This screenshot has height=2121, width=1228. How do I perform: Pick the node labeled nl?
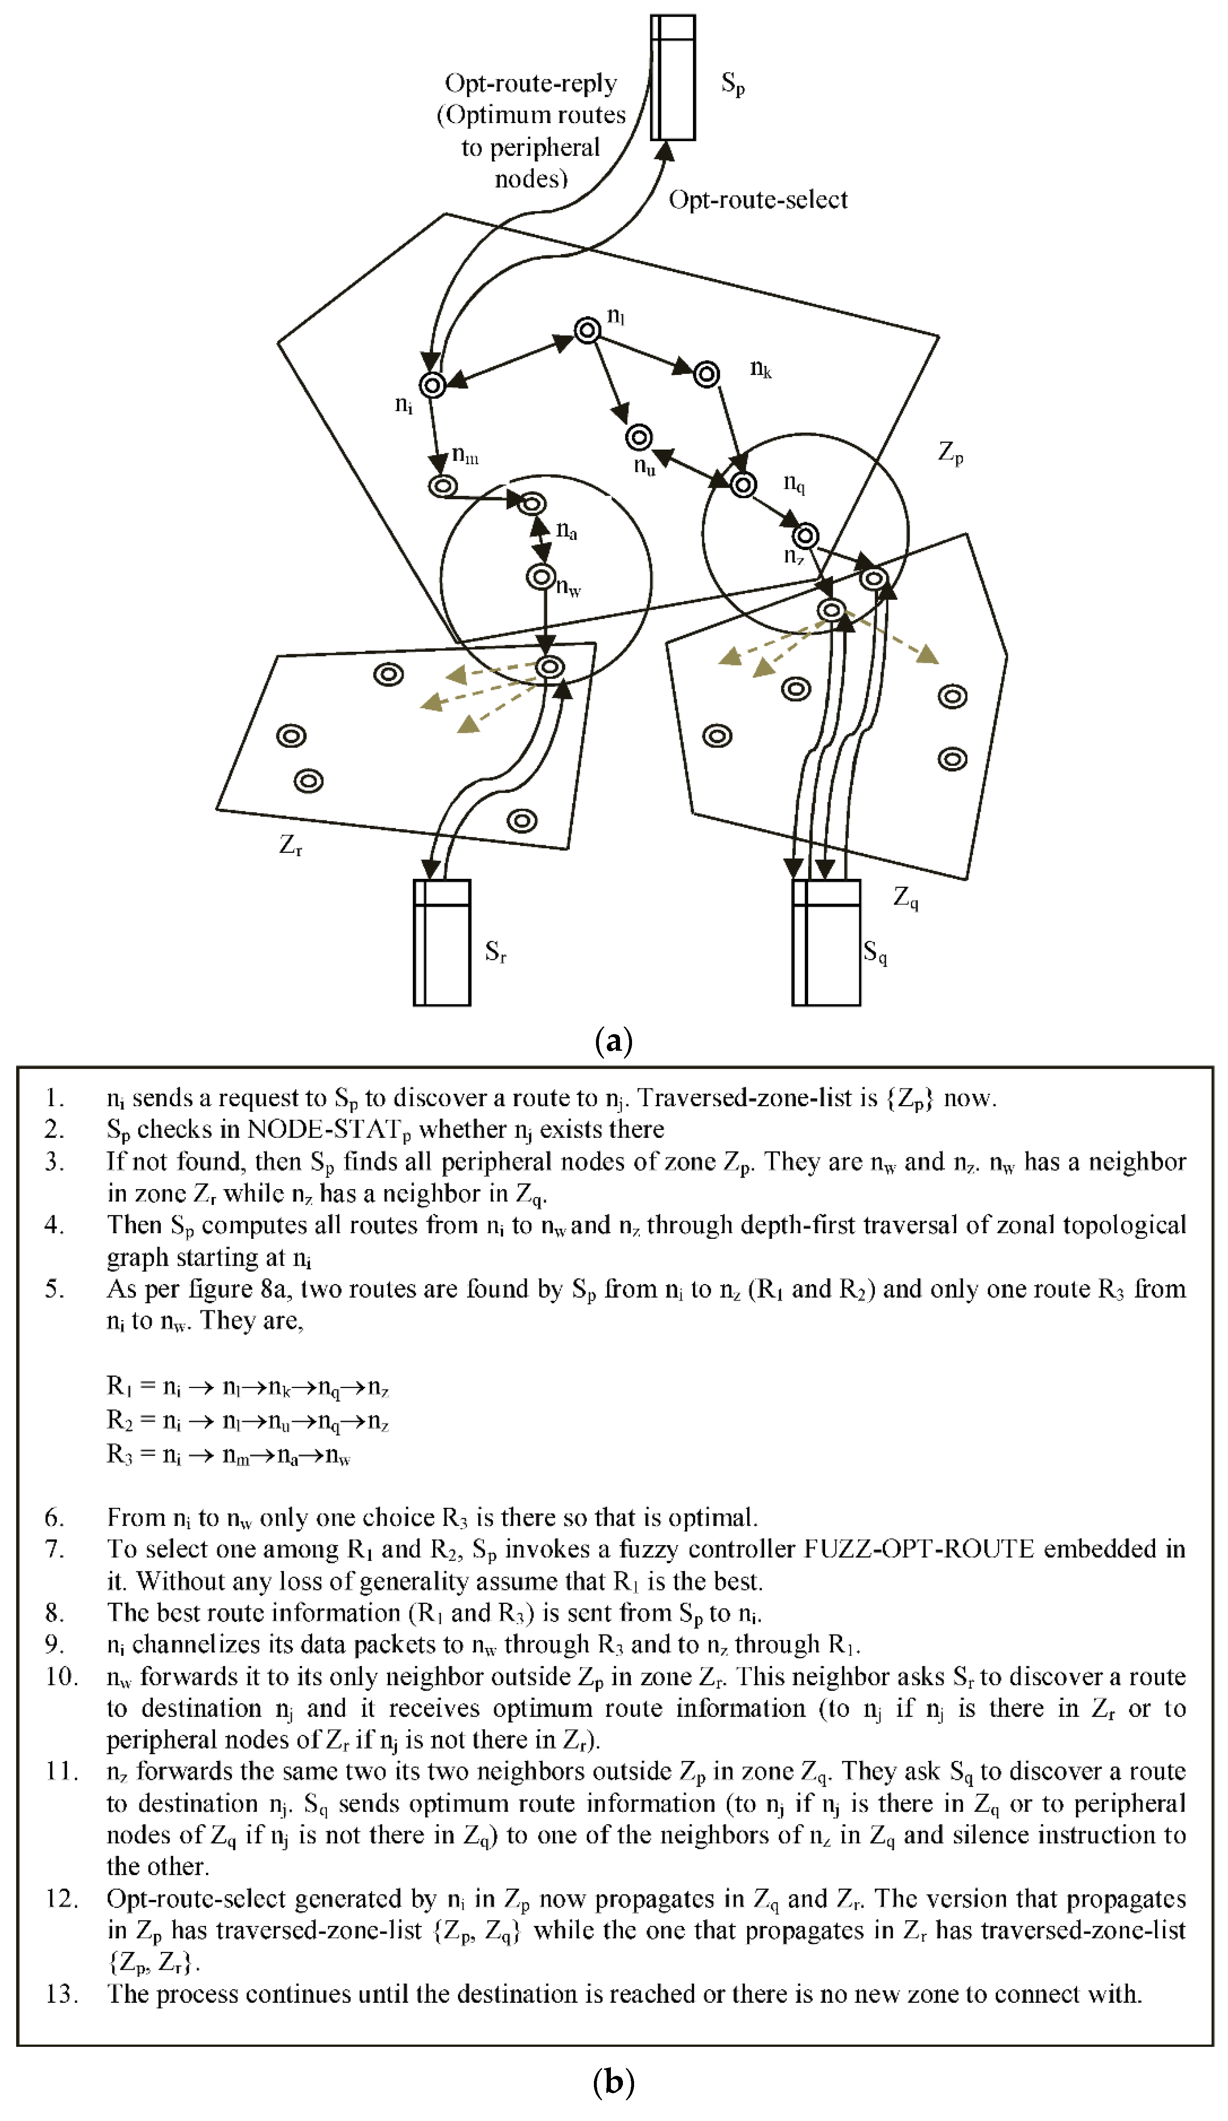(x=588, y=330)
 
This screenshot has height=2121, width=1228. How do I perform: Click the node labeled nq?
(x=743, y=484)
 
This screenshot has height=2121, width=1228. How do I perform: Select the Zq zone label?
(x=905, y=899)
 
